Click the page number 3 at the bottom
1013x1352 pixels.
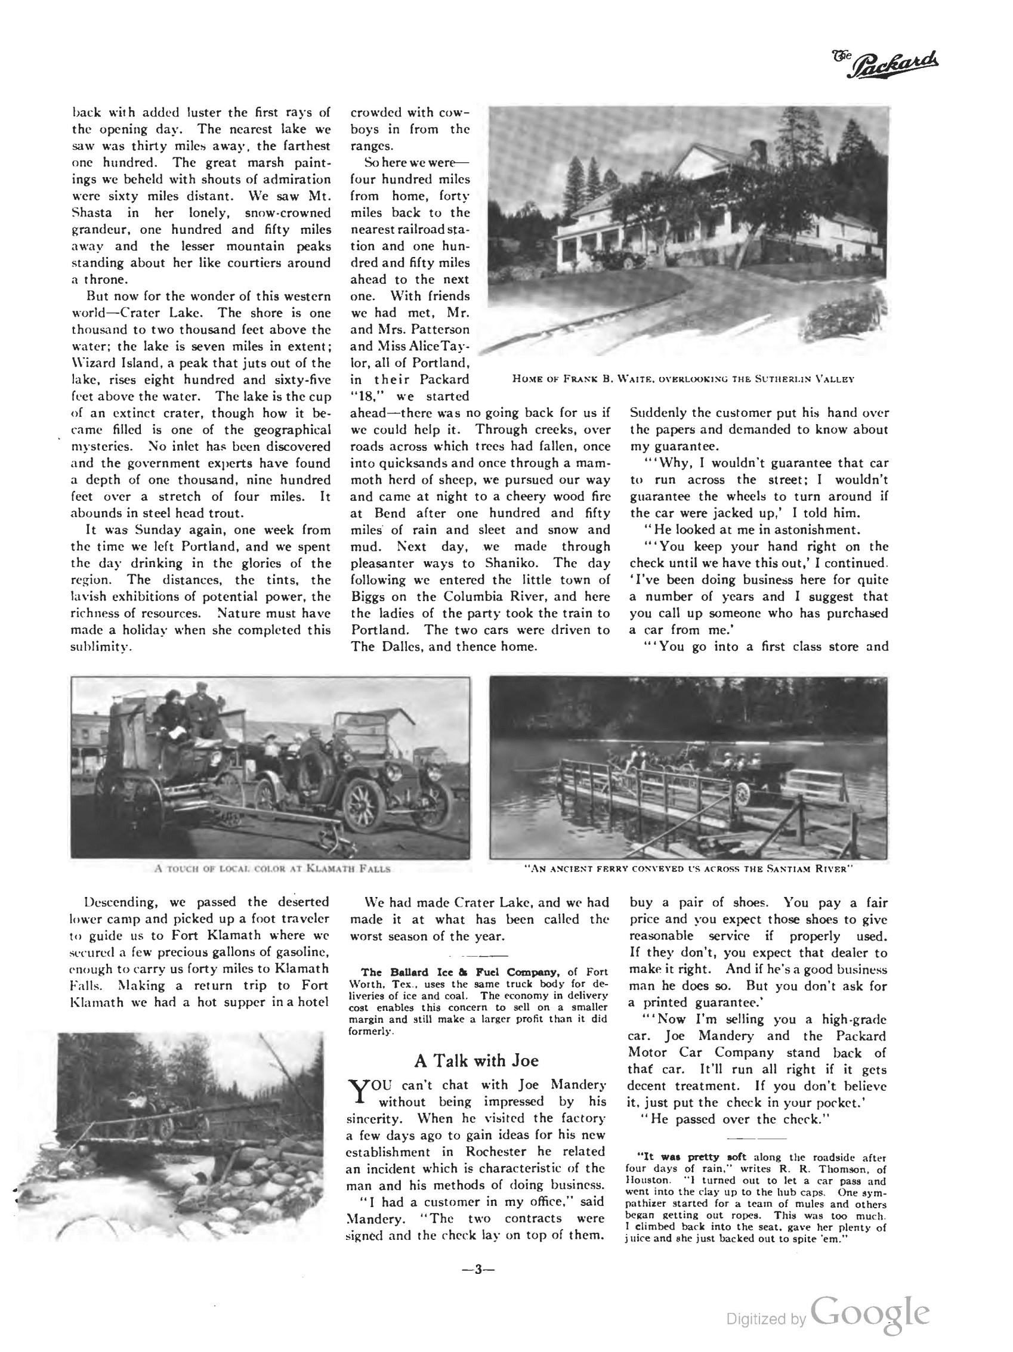tap(477, 1270)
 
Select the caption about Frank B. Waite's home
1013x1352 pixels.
tap(683, 379)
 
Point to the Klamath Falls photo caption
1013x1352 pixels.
tap(272, 868)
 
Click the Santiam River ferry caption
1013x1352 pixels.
tap(688, 868)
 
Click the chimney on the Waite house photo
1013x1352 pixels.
tap(758, 148)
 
